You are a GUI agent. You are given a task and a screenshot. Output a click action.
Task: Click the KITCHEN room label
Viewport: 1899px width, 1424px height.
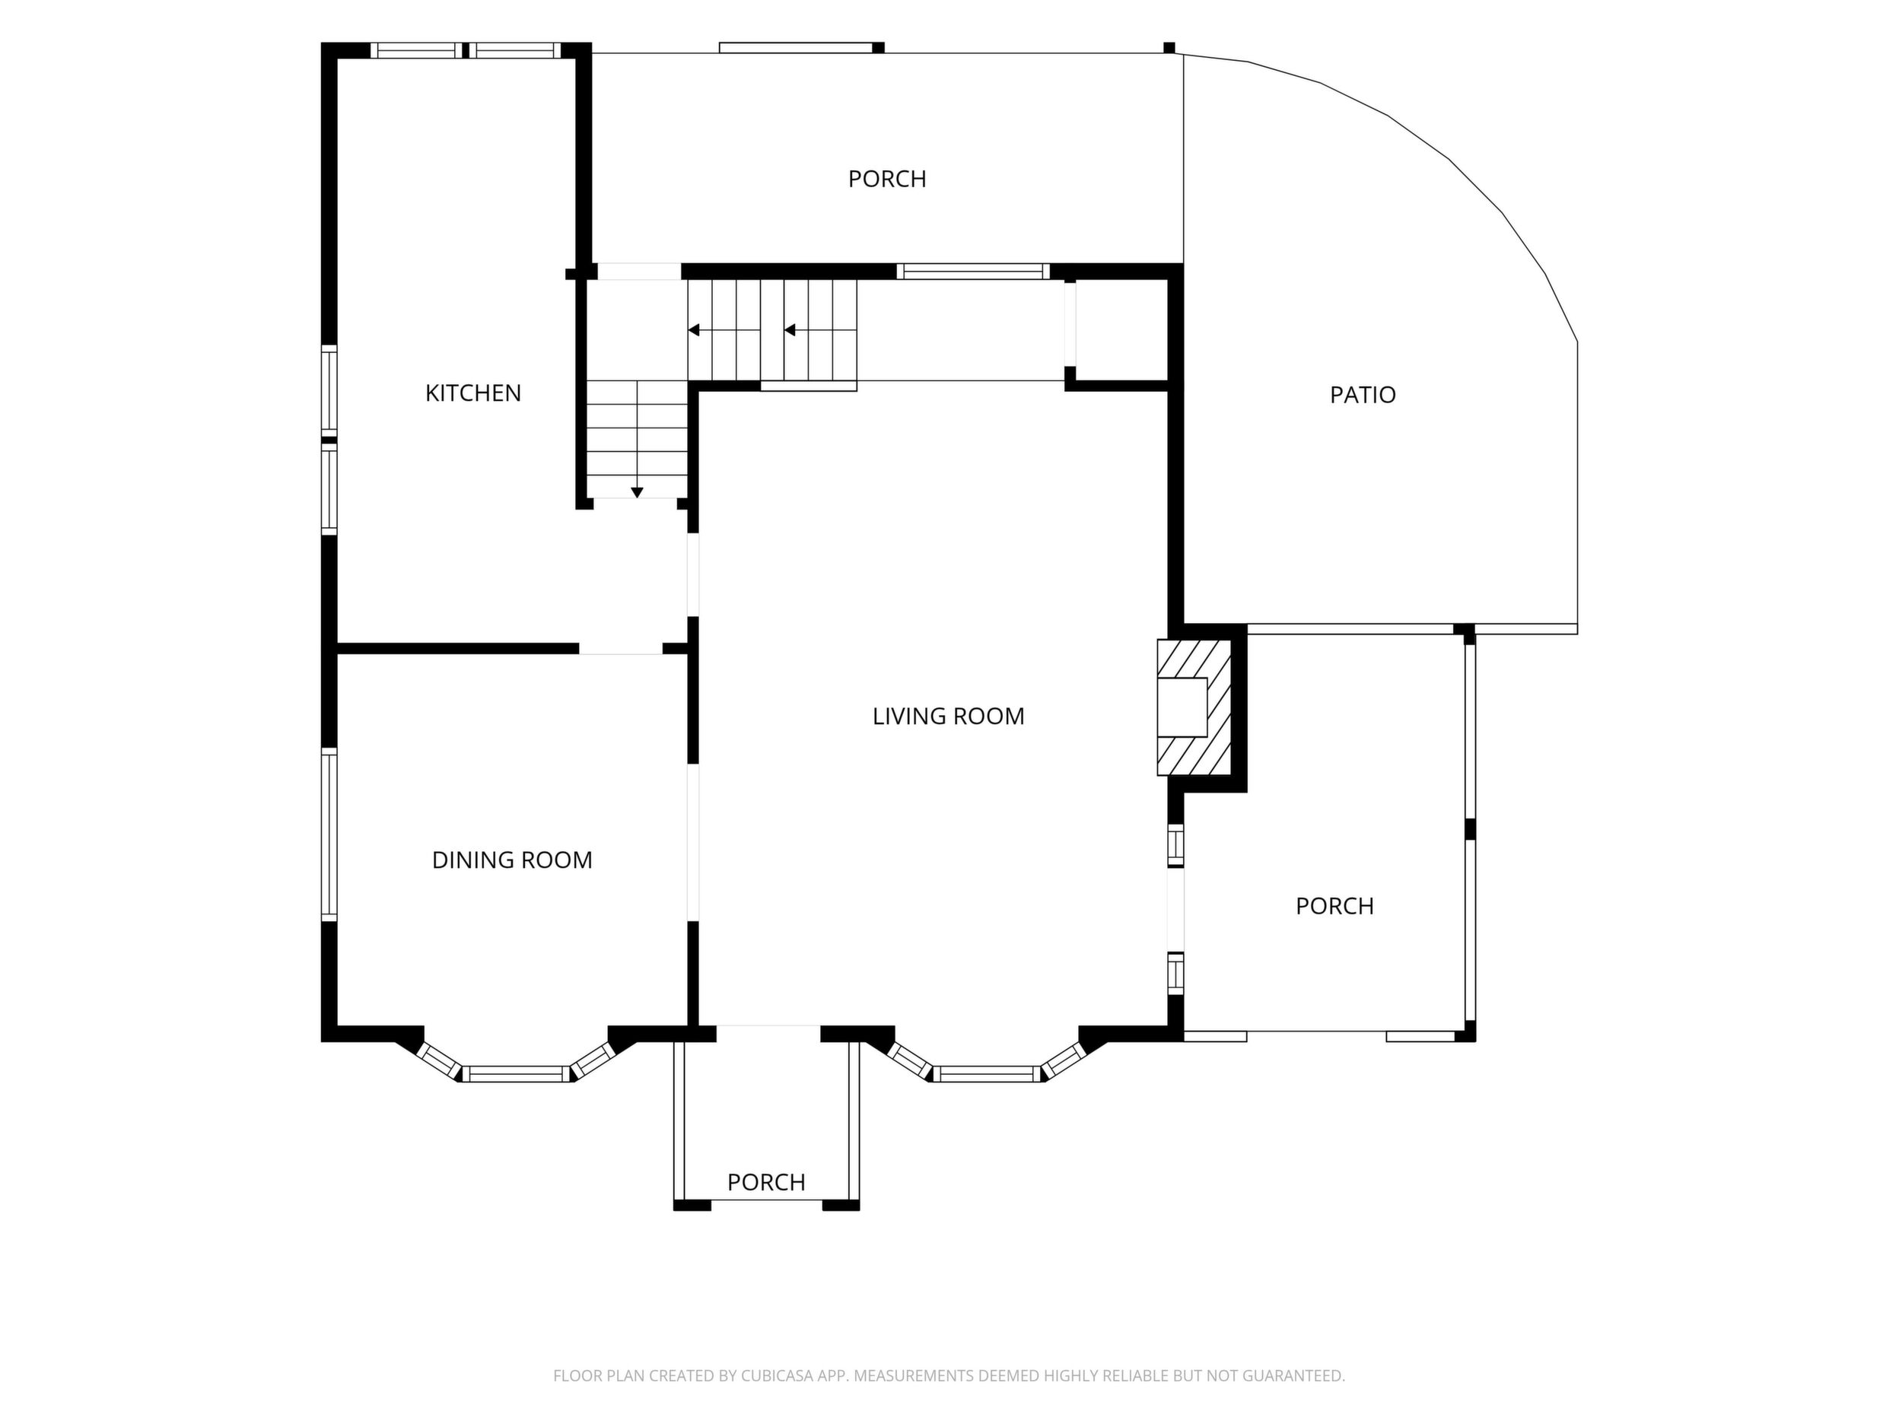point(473,393)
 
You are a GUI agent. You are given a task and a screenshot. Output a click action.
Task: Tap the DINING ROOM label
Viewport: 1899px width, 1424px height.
point(512,860)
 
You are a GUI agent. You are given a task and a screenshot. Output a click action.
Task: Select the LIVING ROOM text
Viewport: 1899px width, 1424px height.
point(948,716)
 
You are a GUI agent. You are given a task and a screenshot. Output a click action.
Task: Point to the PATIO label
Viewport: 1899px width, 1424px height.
point(1363,395)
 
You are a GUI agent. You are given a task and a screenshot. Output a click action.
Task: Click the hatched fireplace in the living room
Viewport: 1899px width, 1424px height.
point(1194,707)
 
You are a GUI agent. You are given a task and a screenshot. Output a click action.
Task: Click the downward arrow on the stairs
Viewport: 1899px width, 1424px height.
point(637,492)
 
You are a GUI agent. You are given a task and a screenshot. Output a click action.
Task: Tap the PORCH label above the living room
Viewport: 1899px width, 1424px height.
point(887,179)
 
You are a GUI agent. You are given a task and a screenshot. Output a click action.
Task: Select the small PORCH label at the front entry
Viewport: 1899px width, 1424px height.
point(766,1182)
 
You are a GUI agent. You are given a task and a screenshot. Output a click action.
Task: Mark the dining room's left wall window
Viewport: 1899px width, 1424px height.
point(329,834)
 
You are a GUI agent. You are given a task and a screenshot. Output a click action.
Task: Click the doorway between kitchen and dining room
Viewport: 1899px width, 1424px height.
point(621,648)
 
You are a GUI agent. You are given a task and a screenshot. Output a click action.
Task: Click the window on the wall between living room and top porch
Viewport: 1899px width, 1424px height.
point(972,272)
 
